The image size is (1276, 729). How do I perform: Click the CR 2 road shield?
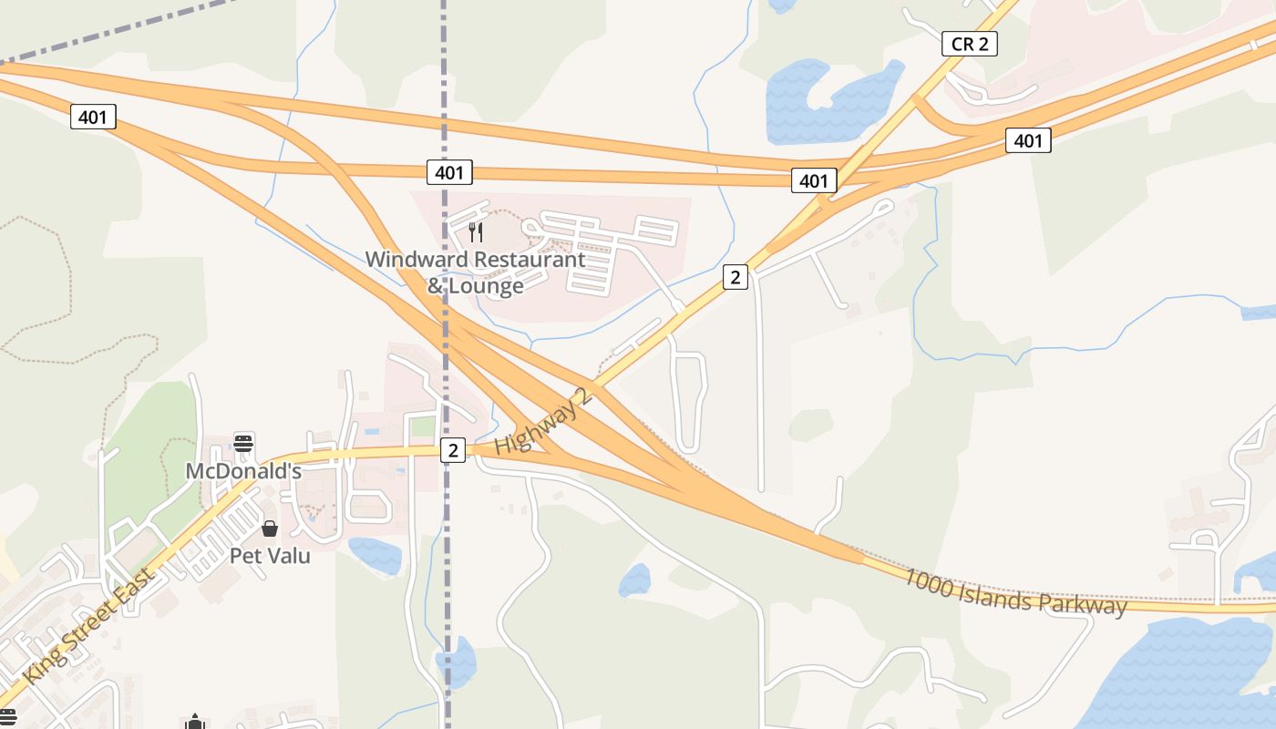(x=969, y=44)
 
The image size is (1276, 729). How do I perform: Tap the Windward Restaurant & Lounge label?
(x=475, y=272)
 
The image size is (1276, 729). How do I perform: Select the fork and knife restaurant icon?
(x=475, y=232)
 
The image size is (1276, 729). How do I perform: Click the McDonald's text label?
(x=243, y=471)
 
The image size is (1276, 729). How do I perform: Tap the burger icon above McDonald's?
(x=243, y=444)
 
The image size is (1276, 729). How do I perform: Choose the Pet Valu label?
(x=270, y=555)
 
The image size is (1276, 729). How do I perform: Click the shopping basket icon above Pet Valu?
(x=270, y=529)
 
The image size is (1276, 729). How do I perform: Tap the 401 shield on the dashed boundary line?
(x=448, y=172)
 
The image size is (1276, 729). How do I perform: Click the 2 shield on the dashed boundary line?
(x=452, y=450)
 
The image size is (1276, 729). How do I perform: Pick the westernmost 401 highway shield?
(x=93, y=117)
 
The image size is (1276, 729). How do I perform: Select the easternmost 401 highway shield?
(x=1028, y=140)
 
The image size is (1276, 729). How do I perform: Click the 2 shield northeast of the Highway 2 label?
(x=736, y=277)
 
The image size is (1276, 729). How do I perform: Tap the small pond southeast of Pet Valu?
(x=375, y=554)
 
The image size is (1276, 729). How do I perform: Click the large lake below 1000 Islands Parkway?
(x=1185, y=674)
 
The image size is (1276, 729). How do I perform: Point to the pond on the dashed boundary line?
(x=458, y=663)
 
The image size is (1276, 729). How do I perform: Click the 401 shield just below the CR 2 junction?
(x=813, y=180)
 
